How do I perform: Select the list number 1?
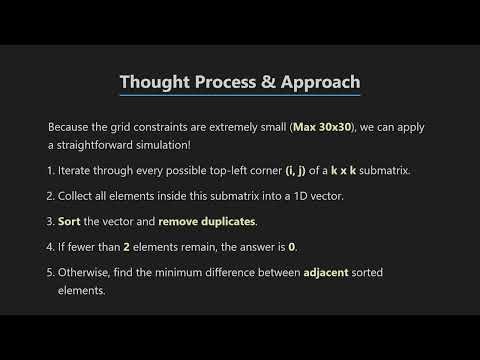coord(50,170)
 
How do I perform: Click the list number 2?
coord(50,195)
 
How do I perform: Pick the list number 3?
coord(50,220)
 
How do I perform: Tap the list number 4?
coord(50,245)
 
